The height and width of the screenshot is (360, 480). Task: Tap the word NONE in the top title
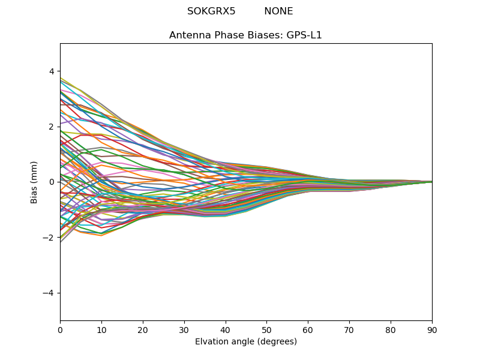[x=278, y=11]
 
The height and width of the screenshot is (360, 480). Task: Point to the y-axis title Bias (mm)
[x=34, y=182]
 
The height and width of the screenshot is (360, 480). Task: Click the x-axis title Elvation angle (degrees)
[x=246, y=342]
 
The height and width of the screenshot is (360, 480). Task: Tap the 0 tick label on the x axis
[x=60, y=329]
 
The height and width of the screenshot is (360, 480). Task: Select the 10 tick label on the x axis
[x=101, y=329]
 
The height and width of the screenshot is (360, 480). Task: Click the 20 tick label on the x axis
[x=143, y=329]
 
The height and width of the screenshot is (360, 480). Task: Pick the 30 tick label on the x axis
[x=184, y=329]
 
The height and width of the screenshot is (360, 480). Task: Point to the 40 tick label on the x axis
[x=226, y=329]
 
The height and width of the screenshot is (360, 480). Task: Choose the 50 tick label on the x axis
[x=266, y=329]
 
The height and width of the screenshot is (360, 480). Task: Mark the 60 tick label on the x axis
[x=308, y=329]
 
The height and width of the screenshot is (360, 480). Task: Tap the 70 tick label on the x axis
[x=349, y=329]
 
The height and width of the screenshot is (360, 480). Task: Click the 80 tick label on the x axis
[x=391, y=329]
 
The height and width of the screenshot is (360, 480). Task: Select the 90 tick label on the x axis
[x=432, y=329]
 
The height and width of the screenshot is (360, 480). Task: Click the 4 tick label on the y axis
[x=52, y=71]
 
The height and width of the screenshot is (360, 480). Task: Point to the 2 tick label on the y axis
[x=52, y=127]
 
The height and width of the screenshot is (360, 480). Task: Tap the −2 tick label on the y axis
[x=49, y=238]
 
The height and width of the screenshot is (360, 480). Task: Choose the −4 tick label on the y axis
[x=49, y=293]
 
